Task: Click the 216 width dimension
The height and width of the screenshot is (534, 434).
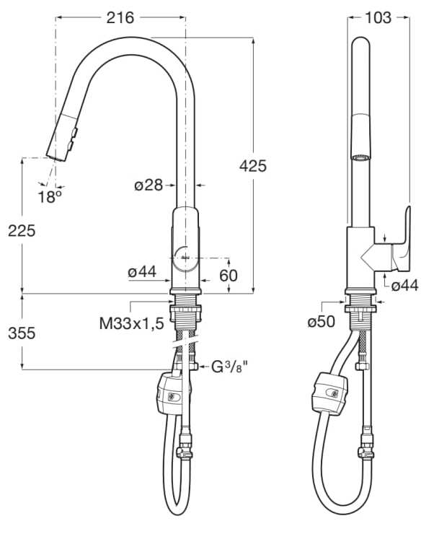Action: [x=120, y=18]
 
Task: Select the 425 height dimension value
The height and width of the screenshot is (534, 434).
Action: [x=252, y=166]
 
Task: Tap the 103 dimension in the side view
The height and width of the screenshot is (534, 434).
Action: [x=378, y=18]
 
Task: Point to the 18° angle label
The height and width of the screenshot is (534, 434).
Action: [x=50, y=196]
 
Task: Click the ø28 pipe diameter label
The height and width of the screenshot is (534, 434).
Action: [x=149, y=185]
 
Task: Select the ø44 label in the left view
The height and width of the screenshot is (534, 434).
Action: [x=142, y=272]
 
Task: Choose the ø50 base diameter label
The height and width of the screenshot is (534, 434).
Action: [x=322, y=322]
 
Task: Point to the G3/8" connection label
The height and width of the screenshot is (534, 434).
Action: [x=229, y=367]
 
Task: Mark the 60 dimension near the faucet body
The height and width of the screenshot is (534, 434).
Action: [x=229, y=275]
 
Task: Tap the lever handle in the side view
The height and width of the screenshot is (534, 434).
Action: [x=399, y=242]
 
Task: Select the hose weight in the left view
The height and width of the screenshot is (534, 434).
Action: [x=171, y=393]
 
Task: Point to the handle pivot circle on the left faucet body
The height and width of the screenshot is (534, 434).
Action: [x=182, y=257]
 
